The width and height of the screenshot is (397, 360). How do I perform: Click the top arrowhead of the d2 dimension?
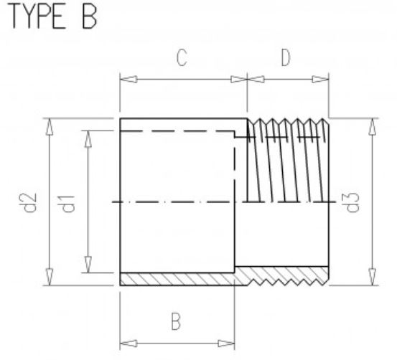tap(50, 125)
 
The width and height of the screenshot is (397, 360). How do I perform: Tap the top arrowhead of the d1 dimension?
tap(88, 137)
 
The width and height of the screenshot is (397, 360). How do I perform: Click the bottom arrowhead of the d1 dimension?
tap(88, 266)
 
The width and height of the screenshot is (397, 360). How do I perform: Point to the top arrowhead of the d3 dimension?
tap(371, 125)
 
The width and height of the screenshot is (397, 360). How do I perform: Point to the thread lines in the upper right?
tap(287, 158)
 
